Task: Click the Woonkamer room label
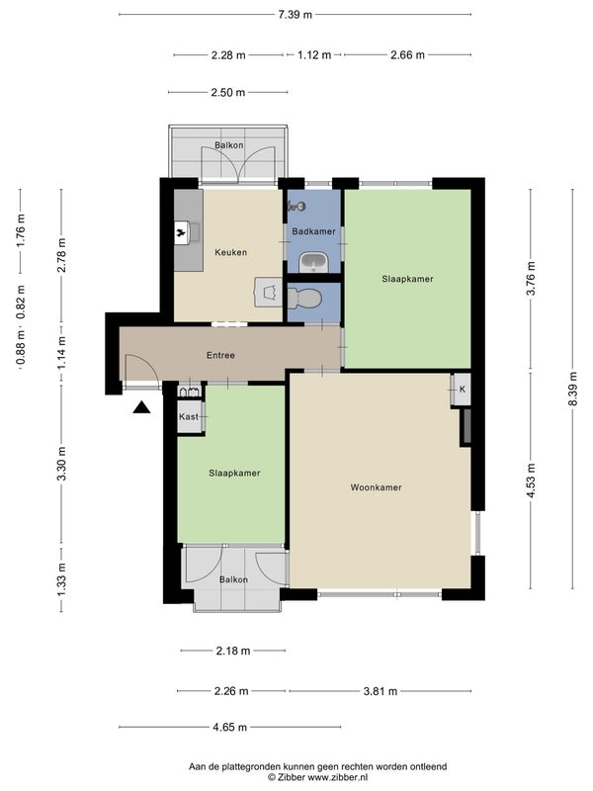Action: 377,487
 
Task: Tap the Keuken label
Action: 231,252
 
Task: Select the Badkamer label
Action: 313,231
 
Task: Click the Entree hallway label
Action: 220,355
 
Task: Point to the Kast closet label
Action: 189,416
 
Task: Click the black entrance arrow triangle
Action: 141,407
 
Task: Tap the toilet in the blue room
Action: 304,299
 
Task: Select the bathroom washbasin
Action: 313,262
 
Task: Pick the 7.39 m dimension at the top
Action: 295,14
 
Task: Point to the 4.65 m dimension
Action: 229,727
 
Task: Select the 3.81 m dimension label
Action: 381,691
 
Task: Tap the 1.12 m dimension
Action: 314,54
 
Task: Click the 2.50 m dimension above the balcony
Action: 228,92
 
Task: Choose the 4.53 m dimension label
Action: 531,481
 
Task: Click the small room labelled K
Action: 461,390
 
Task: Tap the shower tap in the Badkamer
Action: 296,206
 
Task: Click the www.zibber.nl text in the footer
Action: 338,777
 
